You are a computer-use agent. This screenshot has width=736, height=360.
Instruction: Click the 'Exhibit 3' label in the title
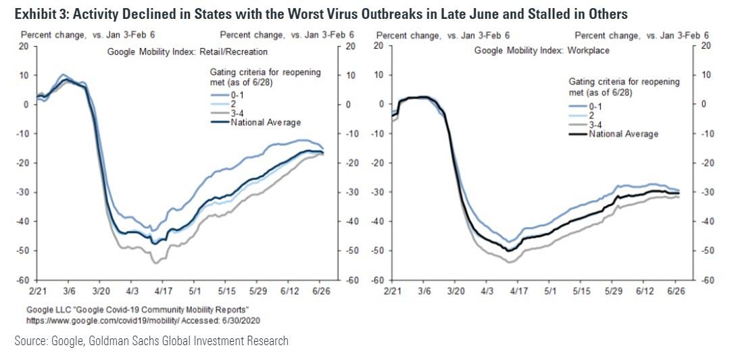coord(36,14)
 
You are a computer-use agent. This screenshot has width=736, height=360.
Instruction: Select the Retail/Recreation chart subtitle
coord(188,51)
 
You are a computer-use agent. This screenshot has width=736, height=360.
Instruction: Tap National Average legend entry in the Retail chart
coord(265,122)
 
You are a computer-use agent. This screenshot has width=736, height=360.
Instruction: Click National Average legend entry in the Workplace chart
coord(622,134)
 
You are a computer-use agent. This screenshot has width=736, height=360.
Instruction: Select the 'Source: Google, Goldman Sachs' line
coord(151,341)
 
